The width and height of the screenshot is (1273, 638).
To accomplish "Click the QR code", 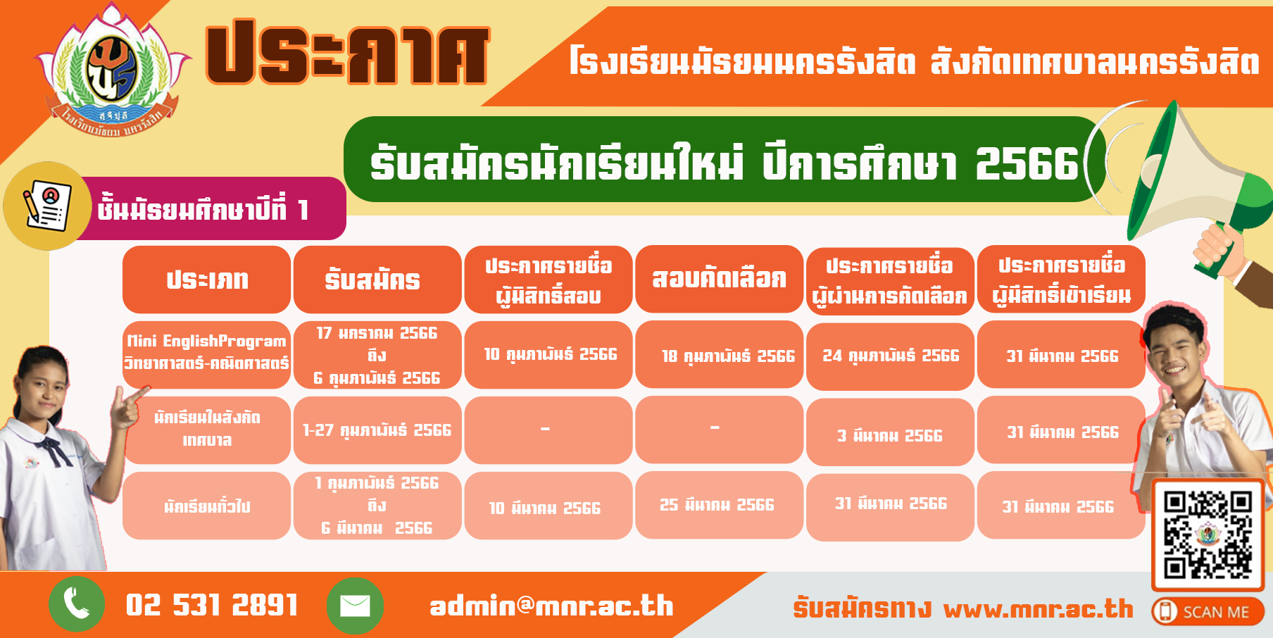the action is pyautogui.click(x=1208, y=534).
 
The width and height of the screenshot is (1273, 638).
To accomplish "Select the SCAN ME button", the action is pyautogui.click(x=1208, y=611).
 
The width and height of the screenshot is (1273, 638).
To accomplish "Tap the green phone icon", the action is pyautogui.click(x=77, y=604).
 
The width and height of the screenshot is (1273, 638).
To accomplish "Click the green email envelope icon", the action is pyautogui.click(x=355, y=606).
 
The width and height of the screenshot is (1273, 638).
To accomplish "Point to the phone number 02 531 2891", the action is pyautogui.click(x=211, y=605).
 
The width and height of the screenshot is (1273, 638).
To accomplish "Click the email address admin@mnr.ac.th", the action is pyautogui.click(x=551, y=606).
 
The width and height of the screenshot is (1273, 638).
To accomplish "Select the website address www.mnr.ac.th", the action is pyautogui.click(x=1038, y=608).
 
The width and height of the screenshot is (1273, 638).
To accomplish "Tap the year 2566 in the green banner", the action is pyautogui.click(x=1027, y=163).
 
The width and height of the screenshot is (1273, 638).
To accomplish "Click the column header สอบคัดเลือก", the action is pyautogui.click(x=719, y=279).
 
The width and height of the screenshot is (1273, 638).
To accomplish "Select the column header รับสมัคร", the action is pyautogui.click(x=372, y=280).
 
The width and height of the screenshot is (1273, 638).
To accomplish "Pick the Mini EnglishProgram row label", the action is pyautogui.click(x=206, y=352).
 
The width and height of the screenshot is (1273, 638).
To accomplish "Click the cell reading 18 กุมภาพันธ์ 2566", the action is pyautogui.click(x=728, y=356).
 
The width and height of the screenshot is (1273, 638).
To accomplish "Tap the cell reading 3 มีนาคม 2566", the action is pyautogui.click(x=889, y=435).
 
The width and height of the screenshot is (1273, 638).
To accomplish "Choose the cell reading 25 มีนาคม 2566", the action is pyautogui.click(x=717, y=505).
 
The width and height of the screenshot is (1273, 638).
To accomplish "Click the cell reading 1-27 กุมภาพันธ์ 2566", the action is pyautogui.click(x=377, y=430).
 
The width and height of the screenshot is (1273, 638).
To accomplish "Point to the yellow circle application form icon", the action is pyautogui.click(x=47, y=206).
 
